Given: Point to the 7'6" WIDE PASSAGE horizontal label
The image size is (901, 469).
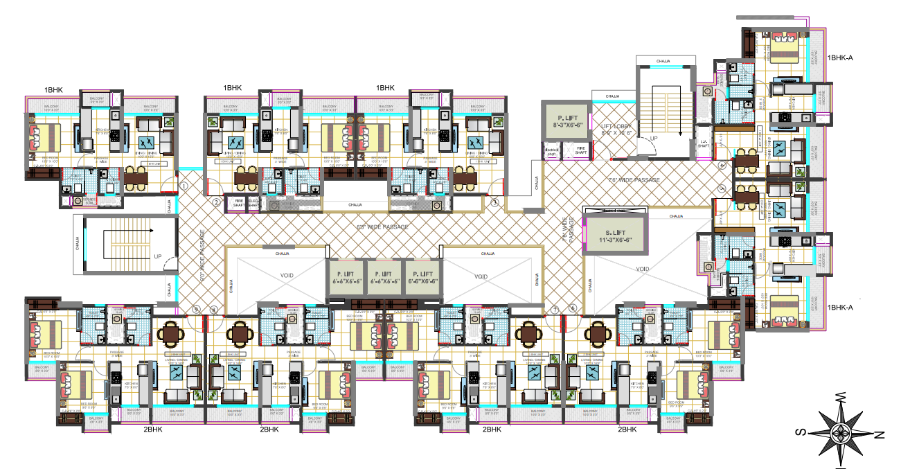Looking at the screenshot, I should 633,180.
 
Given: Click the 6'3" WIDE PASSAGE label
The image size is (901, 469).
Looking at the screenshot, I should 382,227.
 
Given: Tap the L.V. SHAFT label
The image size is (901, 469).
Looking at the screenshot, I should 703,144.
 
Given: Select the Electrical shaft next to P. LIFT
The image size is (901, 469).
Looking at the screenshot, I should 552,151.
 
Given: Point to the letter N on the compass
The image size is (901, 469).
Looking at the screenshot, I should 880,435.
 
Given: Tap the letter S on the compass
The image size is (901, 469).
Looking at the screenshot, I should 799,432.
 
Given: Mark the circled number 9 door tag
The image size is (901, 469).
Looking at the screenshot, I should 196,309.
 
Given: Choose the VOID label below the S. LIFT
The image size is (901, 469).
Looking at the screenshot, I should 641,268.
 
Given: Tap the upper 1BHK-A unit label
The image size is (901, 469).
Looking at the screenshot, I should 839,57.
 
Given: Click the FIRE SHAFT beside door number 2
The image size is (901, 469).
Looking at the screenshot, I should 239,202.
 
